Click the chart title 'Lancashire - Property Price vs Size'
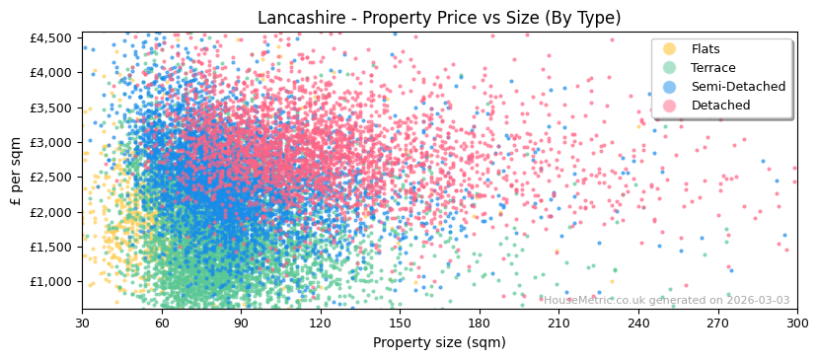coord(439,18)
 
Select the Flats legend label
coord(706,49)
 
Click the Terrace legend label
coord(712,68)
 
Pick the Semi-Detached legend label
coord(738,87)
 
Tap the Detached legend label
coord(720,106)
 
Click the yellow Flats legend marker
coord(669,49)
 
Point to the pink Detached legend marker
coord(669,106)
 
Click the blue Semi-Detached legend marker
coord(669,87)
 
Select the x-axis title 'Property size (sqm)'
coord(439,343)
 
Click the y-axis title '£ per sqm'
coord(16,173)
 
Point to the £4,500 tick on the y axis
coord(51,38)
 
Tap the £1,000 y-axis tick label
coord(51,282)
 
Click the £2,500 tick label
coord(51,178)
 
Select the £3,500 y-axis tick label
coord(51,108)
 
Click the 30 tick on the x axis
coord(82,323)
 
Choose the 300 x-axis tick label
coord(797,323)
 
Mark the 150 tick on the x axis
coord(400,323)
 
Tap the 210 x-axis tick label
coord(558,323)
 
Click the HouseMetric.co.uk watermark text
coord(666,300)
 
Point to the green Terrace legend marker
coord(669,68)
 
